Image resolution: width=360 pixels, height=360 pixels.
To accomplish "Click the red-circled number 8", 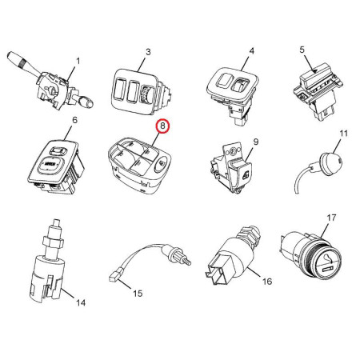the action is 162,126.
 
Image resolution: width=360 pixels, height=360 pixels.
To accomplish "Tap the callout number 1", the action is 78,62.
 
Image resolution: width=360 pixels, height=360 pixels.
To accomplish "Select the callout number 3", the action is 148,52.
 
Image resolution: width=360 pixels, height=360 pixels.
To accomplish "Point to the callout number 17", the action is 331,218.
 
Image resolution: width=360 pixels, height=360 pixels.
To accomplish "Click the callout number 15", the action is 138,294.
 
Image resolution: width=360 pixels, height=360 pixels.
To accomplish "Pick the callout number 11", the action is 344,134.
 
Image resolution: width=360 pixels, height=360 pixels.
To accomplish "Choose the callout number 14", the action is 81,303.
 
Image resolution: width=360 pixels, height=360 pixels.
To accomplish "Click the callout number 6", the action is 74,120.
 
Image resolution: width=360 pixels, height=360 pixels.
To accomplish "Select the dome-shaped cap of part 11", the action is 331,162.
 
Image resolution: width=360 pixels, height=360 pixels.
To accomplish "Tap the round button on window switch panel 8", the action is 161,162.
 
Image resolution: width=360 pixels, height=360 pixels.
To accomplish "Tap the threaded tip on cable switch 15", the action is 187,261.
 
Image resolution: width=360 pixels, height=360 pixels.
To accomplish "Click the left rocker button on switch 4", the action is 223,80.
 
